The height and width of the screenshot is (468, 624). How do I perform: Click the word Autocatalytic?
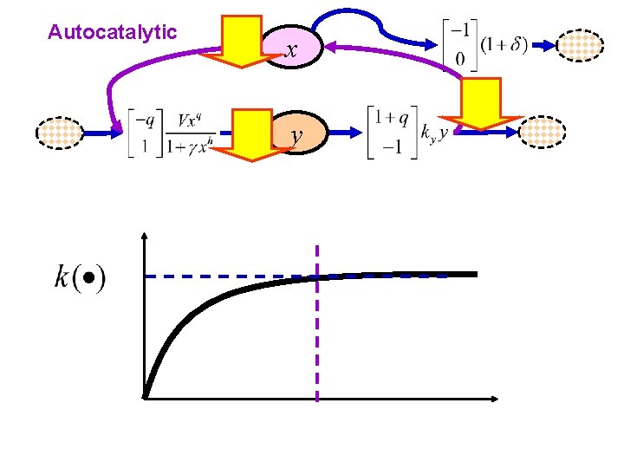(113, 33)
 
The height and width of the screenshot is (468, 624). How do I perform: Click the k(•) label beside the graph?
(80, 278)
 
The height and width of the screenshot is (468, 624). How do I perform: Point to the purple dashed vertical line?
(317, 347)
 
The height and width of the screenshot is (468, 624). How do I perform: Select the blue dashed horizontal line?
(225, 276)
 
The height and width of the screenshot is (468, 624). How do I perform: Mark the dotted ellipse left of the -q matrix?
(62, 133)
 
